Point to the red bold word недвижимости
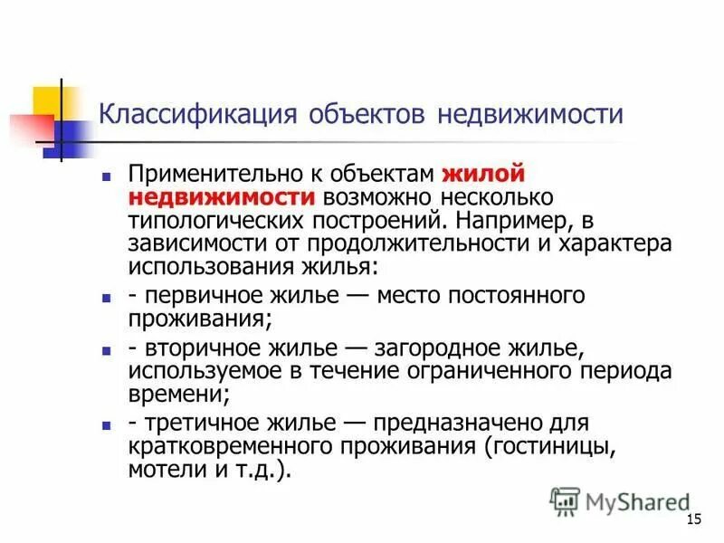click(x=221, y=196)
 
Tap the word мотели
click(x=160, y=471)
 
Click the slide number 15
click(x=695, y=519)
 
